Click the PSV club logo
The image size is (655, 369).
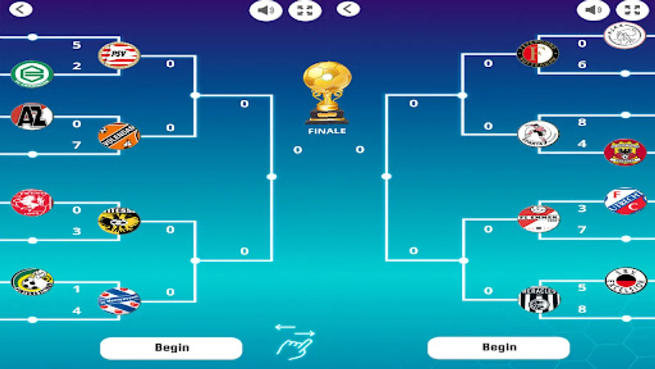(x=119, y=55)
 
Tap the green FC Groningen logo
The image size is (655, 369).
(x=32, y=74)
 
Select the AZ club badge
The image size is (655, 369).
(x=32, y=116)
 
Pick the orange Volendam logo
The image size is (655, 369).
(x=119, y=136)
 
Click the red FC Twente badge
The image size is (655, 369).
(x=32, y=203)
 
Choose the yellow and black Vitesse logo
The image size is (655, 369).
(x=119, y=221)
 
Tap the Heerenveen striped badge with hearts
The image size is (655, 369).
(x=119, y=301)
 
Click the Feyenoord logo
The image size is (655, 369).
(x=538, y=54)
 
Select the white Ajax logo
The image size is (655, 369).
(x=625, y=35)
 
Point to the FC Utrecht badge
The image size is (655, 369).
(x=626, y=201)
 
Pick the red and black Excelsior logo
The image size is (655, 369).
(x=626, y=281)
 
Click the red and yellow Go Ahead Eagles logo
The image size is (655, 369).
(x=625, y=152)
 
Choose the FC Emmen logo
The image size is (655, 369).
(x=538, y=219)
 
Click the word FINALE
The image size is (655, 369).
(x=327, y=131)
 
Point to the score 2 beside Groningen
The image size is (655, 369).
(x=77, y=66)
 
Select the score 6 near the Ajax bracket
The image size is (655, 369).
(x=582, y=64)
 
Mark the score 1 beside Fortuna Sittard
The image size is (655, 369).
(x=77, y=289)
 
